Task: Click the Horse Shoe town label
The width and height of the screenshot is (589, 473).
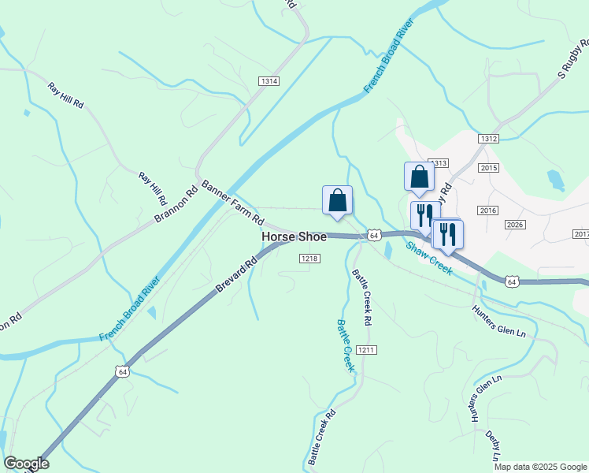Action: click(294, 236)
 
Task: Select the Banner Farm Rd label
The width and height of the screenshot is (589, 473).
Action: click(232, 203)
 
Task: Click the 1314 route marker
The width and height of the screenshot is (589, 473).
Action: click(269, 81)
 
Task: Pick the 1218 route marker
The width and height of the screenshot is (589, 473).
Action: click(309, 259)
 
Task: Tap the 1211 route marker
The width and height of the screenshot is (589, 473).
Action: click(365, 349)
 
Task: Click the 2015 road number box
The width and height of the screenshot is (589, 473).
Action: click(488, 169)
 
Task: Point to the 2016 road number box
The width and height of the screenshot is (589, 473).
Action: click(488, 210)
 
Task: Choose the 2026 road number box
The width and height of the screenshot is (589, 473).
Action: click(515, 225)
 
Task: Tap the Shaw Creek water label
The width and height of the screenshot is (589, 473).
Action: click(429, 258)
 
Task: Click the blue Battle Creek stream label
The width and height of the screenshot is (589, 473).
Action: click(346, 346)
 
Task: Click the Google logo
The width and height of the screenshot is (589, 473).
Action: click(26, 464)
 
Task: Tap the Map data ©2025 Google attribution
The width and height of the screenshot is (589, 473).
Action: click(540, 467)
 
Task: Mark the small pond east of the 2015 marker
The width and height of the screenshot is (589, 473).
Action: click(556, 180)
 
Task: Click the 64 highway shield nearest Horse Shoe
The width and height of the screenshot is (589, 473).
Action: click(374, 235)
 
